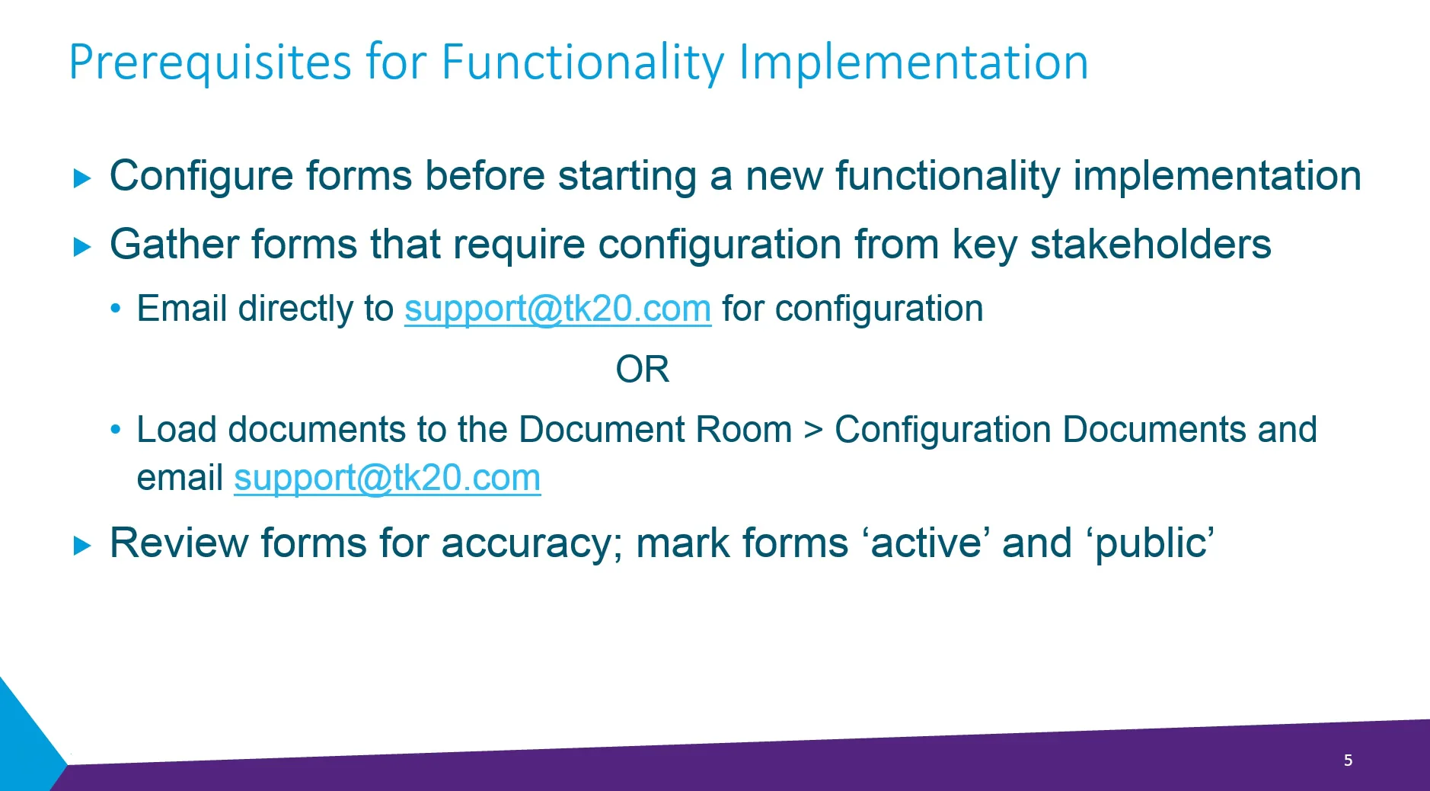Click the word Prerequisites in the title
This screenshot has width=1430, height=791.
coord(210,62)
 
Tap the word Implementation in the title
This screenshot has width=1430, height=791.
coord(913,62)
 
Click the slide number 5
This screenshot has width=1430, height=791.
coord(1348,760)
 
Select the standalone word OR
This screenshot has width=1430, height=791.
coord(642,370)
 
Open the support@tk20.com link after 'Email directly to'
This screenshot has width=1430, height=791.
coord(557,309)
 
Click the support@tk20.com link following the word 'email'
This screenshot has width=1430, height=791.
coord(387,479)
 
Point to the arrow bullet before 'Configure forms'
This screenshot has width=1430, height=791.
coord(82,178)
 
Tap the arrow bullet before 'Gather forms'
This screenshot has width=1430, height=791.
coord(82,247)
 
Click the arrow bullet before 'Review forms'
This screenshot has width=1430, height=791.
coord(82,546)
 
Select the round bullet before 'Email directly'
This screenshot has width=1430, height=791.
coord(116,309)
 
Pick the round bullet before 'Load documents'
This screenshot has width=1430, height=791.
coord(116,430)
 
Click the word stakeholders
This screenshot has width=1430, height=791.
coord(1150,245)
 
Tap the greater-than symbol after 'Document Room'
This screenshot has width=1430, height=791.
coord(813,431)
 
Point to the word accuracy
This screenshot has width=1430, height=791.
coord(531,545)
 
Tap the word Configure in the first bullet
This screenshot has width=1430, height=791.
coord(201,177)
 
